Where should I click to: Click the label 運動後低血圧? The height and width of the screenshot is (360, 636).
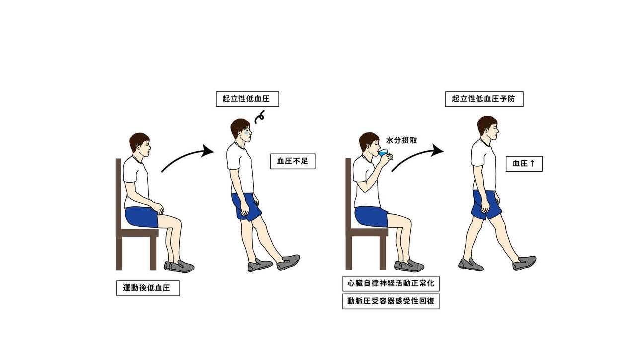coord(148,288)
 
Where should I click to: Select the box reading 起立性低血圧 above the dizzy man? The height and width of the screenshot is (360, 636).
coord(247,99)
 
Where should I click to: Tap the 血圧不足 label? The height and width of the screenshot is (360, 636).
coord(293,162)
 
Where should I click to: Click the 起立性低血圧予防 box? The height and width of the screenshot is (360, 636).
coord(484,99)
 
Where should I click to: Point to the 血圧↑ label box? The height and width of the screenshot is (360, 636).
coord(524,164)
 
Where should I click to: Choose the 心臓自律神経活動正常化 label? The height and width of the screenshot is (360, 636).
coord(391,283)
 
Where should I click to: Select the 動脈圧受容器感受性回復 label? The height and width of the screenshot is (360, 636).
coord(391,301)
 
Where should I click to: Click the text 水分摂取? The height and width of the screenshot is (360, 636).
coord(401,140)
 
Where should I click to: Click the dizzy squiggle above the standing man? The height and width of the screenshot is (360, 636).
coord(260,117)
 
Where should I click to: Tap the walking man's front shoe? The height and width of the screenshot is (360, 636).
coord(524,263)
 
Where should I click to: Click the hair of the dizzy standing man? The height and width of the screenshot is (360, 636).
coord(238,127)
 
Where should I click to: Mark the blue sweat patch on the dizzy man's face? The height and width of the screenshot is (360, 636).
coord(247,133)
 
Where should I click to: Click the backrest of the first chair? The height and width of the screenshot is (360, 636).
coord(119,194)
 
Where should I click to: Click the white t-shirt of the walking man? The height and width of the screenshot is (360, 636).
coord(483,166)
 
